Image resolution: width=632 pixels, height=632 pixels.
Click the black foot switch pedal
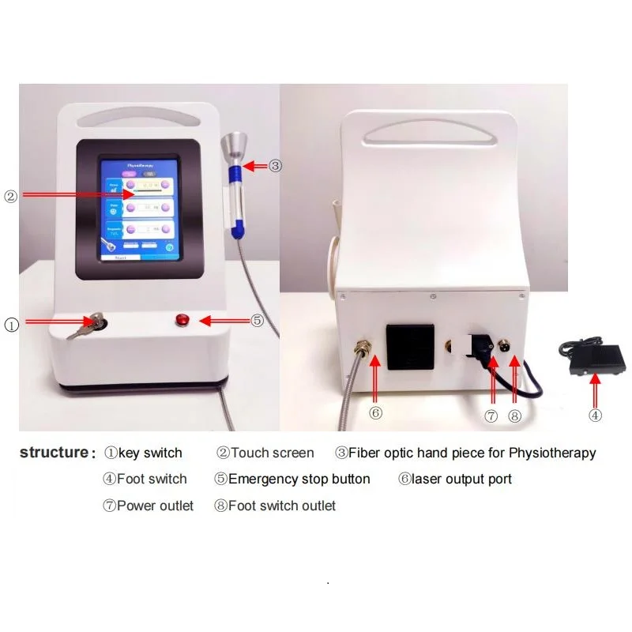tap(592, 353)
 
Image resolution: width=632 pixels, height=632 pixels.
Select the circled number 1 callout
tap(12, 323)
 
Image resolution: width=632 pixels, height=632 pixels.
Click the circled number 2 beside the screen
tap(10, 197)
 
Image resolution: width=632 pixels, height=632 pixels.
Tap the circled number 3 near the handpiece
tap(275, 166)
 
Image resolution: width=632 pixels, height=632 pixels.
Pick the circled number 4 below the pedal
tap(595, 414)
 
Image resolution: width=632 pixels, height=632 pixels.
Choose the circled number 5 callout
tap(257, 320)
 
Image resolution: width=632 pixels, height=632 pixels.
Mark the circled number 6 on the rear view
tap(377, 412)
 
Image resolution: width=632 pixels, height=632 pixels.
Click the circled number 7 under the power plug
tap(491, 416)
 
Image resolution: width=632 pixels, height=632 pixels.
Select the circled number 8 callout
tap(515, 416)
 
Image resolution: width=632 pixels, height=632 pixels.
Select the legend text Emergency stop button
tap(299, 479)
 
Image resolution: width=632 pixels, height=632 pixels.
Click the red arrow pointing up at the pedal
tap(596, 389)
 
